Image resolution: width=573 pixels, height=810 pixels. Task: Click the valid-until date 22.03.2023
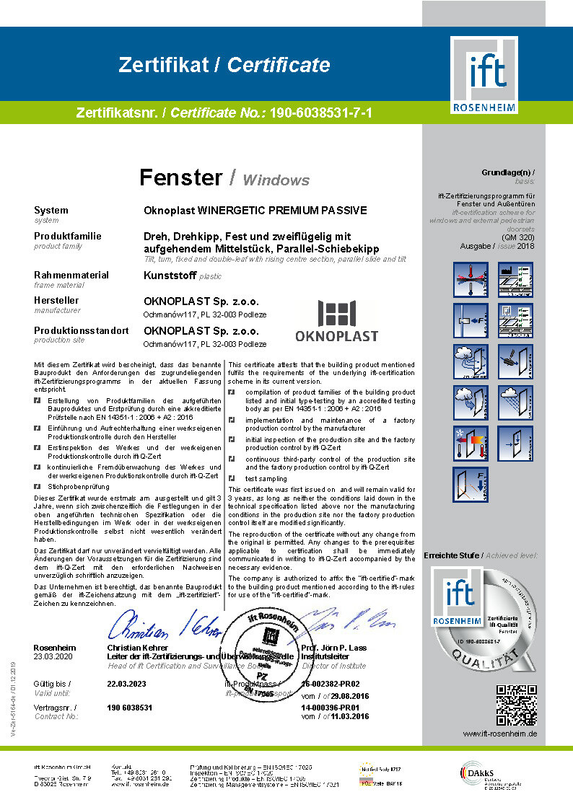click(126, 683)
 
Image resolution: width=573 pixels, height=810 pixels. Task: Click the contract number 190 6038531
click(130, 708)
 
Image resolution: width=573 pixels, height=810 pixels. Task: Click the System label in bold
click(51, 211)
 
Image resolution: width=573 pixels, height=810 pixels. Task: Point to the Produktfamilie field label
click(68, 236)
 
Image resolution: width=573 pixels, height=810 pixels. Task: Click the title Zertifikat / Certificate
click(224, 66)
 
